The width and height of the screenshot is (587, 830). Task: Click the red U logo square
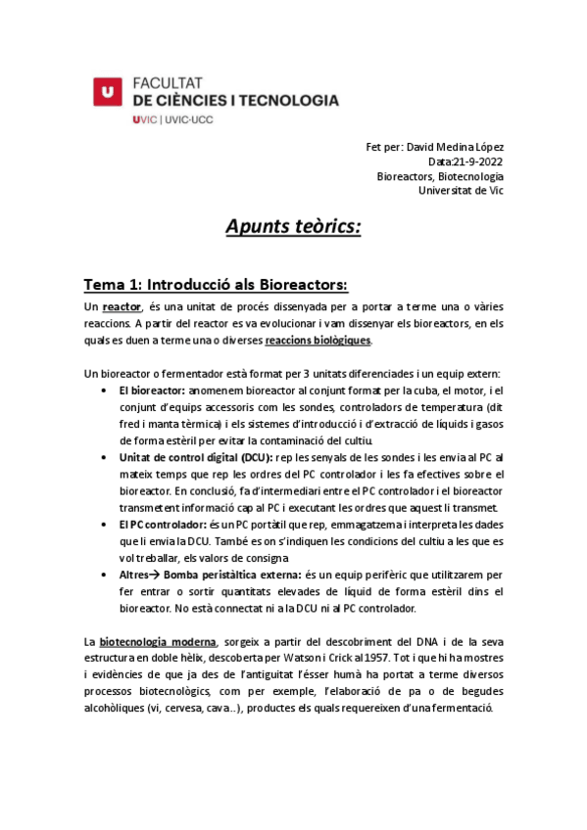click(106, 93)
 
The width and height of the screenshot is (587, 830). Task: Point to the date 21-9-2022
click(480, 161)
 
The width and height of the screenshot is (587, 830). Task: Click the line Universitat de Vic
click(461, 191)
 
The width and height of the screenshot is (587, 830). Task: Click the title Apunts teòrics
click(293, 228)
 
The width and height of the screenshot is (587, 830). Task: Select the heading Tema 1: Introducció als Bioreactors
click(216, 285)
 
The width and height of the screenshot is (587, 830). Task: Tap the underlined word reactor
click(122, 306)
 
